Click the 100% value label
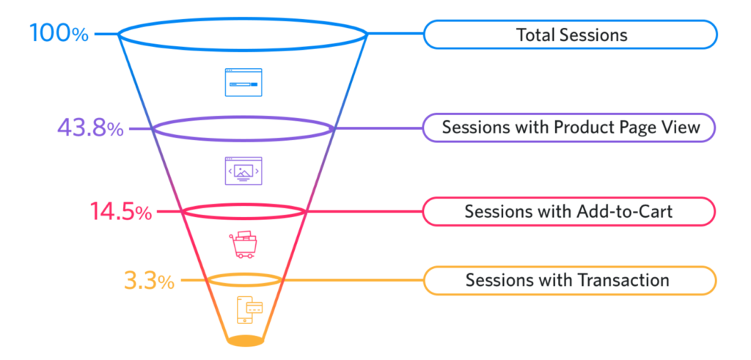pyautogui.click(x=59, y=33)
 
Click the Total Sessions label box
pyautogui.click(x=570, y=34)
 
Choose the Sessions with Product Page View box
pyautogui.click(x=570, y=128)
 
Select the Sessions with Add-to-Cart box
pyautogui.click(x=570, y=211)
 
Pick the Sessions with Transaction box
pyautogui.click(x=570, y=280)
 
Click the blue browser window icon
pyautogui.click(x=243, y=83)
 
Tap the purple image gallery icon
pyautogui.click(x=243, y=171)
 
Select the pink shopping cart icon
pyautogui.click(x=243, y=244)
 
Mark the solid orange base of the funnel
pyautogui.click(x=244, y=341)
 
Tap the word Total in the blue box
pyautogui.click(x=534, y=34)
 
